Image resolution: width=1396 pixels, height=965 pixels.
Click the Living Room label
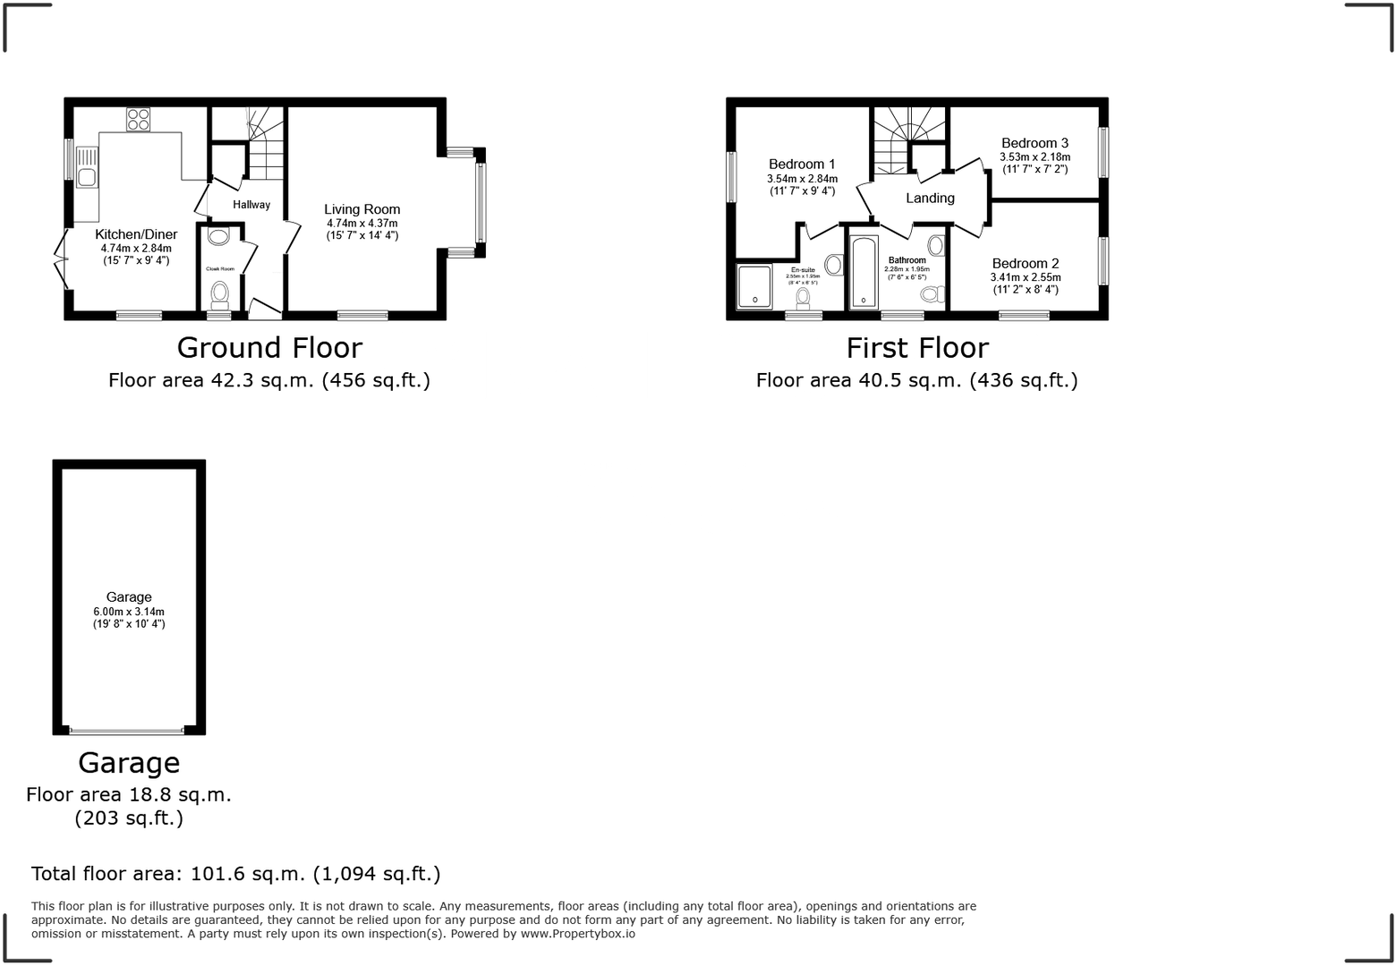point(362,209)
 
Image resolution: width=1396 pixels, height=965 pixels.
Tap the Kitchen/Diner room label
point(136,235)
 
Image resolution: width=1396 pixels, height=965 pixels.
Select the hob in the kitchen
point(138,119)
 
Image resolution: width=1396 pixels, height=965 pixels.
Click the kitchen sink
point(87,176)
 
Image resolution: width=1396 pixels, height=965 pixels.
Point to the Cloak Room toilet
point(218,293)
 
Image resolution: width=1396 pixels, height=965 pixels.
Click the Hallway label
point(251,205)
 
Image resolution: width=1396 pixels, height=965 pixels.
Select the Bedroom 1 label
point(802,165)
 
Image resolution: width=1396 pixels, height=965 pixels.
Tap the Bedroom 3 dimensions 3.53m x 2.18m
point(1034,157)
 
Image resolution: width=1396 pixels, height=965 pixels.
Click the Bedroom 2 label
point(1026,264)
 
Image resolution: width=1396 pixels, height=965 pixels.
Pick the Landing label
point(930,199)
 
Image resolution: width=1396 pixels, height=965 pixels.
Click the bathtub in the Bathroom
point(863,272)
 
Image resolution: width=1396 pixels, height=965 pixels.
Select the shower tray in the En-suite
point(753,286)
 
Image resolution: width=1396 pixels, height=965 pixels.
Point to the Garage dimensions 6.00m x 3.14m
point(129,612)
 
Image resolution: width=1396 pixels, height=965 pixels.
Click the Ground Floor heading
point(269,347)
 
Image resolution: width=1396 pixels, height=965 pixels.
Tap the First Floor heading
point(917,347)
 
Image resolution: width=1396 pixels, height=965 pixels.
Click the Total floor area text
point(235,874)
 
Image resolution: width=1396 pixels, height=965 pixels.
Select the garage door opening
point(128,731)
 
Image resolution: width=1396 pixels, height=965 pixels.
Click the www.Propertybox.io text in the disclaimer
point(577,934)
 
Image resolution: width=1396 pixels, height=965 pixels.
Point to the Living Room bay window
point(481,204)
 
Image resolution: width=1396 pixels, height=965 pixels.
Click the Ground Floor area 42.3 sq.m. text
point(269,380)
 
